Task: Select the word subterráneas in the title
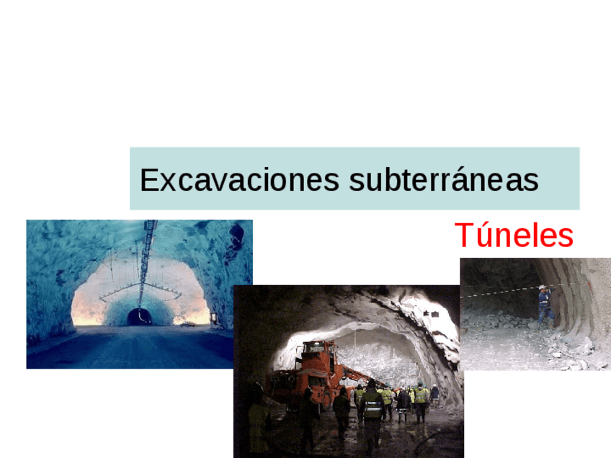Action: pos(444,180)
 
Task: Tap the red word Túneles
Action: pos(514,235)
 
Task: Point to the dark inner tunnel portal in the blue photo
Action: pos(139,317)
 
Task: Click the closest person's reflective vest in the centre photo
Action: pos(372,407)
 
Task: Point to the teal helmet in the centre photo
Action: pos(420,383)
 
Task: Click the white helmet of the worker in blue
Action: pos(542,287)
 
